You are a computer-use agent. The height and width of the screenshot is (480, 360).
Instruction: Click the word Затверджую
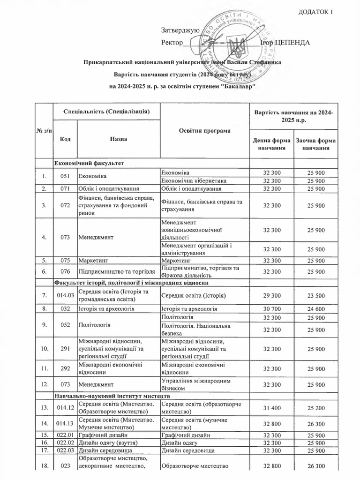coord(180,30)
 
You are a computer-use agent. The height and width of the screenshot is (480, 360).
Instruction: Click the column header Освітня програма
coord(205,130)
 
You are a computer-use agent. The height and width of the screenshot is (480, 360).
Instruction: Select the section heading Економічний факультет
coord(89,163)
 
